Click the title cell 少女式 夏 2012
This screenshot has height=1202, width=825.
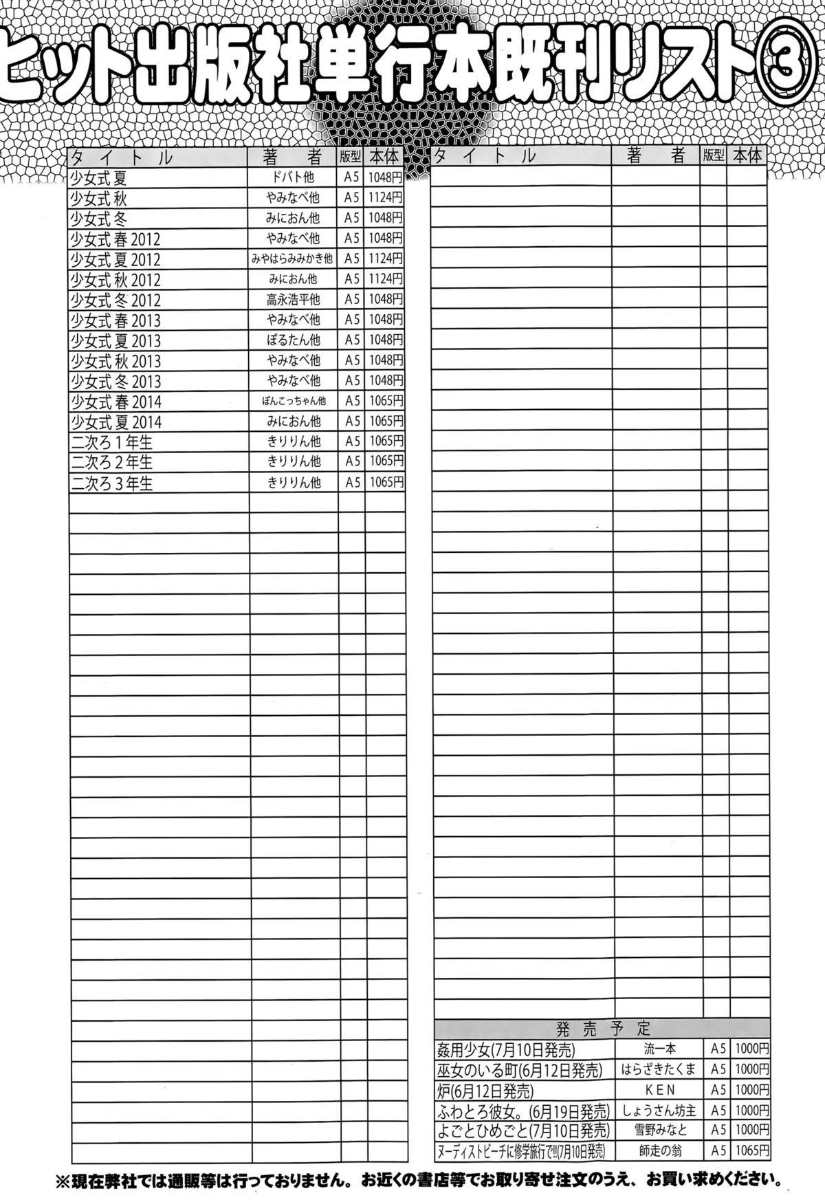pos(115,259)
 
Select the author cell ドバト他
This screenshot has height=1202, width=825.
pos(294,177)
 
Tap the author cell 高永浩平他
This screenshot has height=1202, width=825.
pos(294,300)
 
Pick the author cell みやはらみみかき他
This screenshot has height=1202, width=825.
pos(294,259)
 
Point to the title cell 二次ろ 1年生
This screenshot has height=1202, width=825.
pos(111,442)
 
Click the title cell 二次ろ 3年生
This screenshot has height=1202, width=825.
pos(111,483)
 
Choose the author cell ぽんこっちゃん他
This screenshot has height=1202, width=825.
pos(294,402)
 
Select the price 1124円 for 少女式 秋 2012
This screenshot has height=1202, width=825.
pos(385,279)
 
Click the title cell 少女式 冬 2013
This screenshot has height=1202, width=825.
pos(115,381)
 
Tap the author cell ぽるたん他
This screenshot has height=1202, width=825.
pos(294,340)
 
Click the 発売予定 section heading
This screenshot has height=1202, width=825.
pos(602,1029)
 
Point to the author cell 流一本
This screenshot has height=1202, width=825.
pos(659,1049)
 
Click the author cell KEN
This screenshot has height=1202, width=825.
pos(659,1090)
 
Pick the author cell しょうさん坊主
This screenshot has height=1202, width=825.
pos(659,1111)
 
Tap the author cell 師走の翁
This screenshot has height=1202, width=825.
pos(659,1151)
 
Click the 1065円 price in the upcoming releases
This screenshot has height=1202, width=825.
pos(751,1151)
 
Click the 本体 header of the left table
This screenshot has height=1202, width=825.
pos(384,157)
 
